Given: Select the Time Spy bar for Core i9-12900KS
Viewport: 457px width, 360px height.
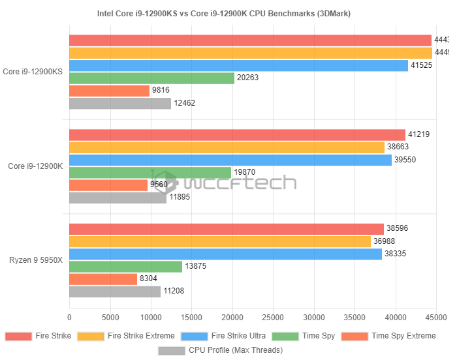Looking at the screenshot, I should (151, 78).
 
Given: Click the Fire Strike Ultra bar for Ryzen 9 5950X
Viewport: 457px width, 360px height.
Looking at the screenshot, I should (225, 254).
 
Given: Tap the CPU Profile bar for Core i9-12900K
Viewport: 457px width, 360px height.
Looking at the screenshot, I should (118, 198).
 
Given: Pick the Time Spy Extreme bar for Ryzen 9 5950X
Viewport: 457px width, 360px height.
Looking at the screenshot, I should (103, 279).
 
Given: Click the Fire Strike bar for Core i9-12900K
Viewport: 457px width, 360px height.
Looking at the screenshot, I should (237, 135).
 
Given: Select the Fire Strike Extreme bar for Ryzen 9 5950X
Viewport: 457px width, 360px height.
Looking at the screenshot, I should (220, 242).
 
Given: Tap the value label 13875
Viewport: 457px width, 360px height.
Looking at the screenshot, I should (197, 267).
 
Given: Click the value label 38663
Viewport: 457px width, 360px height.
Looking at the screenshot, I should (399, 147).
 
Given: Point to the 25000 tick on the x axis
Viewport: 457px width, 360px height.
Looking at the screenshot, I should (274, 318).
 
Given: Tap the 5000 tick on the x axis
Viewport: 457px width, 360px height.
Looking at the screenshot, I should (110, 318).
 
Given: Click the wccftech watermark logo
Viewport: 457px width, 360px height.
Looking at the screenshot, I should (222, 181).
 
